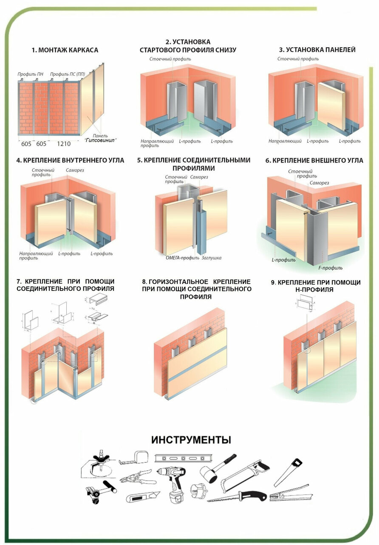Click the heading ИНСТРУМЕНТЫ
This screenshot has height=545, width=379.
click(x=191, y=439)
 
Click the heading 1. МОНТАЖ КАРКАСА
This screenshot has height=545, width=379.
click(x=65, y=50)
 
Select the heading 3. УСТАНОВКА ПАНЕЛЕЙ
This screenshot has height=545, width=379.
click(x=317, y=49)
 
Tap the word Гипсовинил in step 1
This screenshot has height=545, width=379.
click(x=101, y=140)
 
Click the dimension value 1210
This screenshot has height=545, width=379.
click(x=64, y=144)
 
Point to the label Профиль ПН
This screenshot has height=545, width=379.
click(x=30, y=74)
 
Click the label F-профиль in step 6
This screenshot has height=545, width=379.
click(x=331, y=268)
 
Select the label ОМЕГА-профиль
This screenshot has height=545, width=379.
click(x=182, y=258)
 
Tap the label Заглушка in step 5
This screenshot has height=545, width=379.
click(x=211, y=258)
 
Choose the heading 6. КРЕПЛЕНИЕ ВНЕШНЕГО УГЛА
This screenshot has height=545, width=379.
click(x=314, y=161)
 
